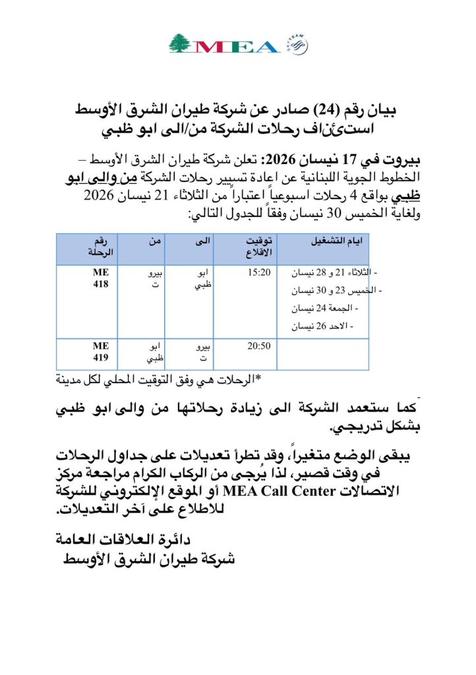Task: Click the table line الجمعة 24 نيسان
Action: (x=323, y=308)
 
